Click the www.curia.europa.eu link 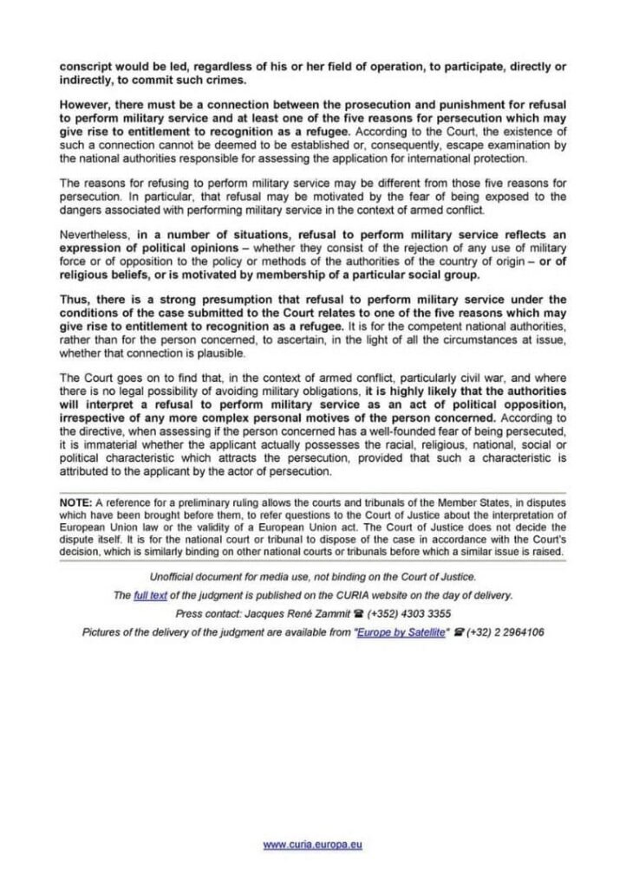click(312, 845)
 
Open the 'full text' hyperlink click(151, 595)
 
